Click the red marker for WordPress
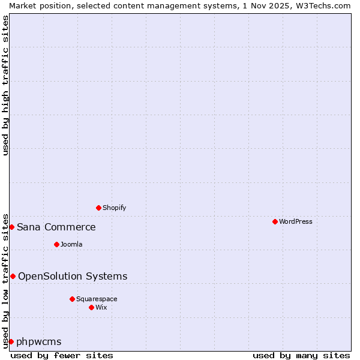(275, 221)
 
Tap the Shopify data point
(98, 208)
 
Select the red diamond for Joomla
(56, 244)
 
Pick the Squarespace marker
(72, 299)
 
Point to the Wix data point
(91, 307)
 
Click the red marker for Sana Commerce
(11, 227)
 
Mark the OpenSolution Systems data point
(13, 276)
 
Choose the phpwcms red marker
(11, 341)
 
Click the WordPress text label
(295, 221)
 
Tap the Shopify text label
(114, 208)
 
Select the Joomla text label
(71, 244)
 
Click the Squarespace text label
(97, 299)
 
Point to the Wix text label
(101, 307)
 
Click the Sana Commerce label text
(56, 227)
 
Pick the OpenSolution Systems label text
(73, 276)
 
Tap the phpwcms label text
(39, 341)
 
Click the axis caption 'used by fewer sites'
(62, 355)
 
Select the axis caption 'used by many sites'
(301, 355)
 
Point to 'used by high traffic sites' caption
(5, 85)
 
